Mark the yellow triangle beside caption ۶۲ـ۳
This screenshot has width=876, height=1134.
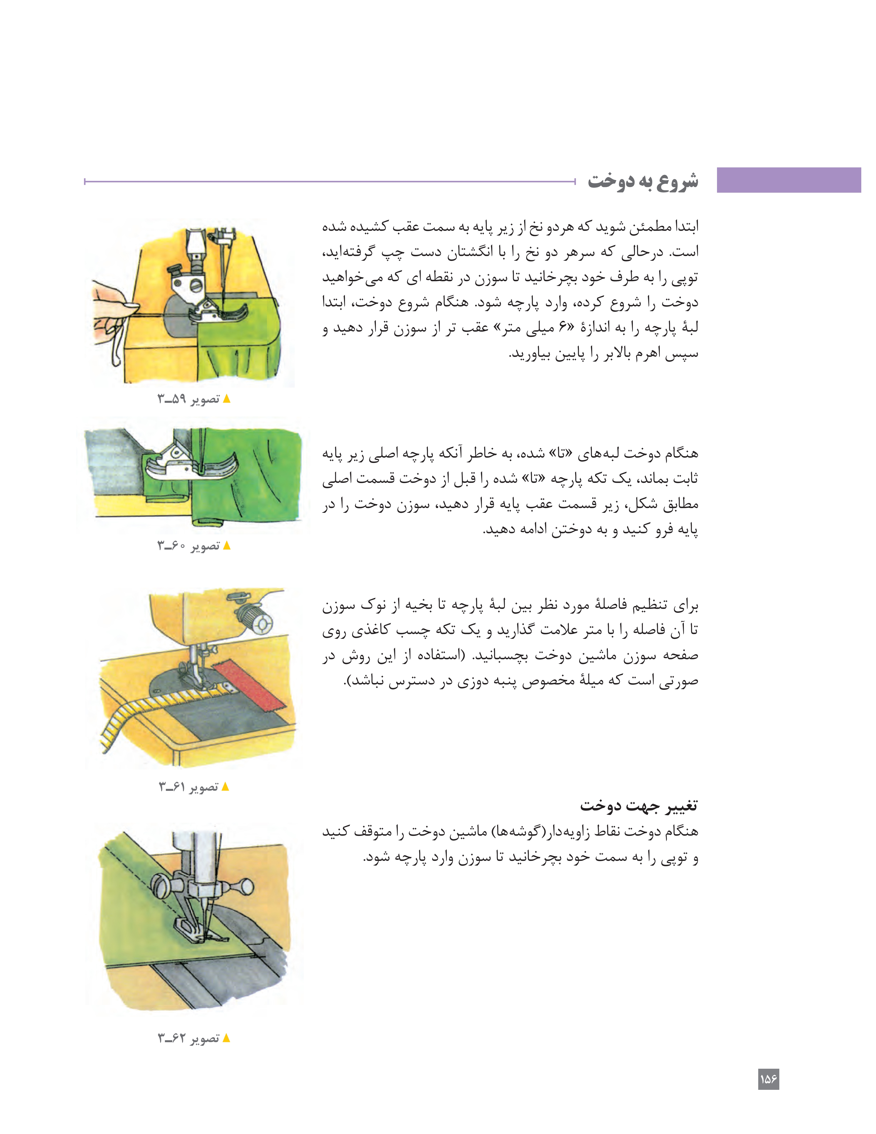click(x=226, y=1039)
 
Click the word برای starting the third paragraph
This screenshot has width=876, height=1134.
click(x=686, y=605)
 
